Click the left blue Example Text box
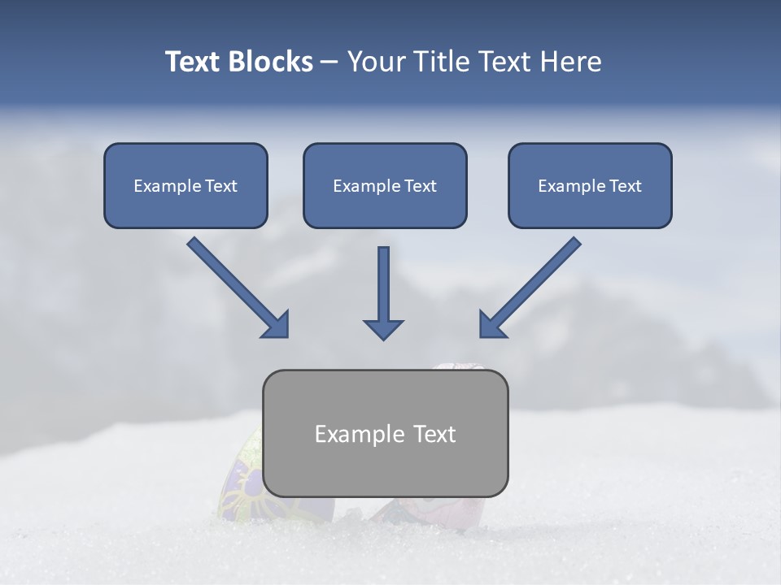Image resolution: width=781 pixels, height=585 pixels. (185, 185)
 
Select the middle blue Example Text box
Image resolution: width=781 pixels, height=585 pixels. (385, 185)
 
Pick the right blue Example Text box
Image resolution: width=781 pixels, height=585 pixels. (590, 185)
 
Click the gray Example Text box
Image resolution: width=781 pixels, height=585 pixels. (385, 433)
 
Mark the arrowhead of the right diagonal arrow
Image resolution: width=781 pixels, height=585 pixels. (491, 324)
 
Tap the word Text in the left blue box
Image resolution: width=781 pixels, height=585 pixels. (220, 185)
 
